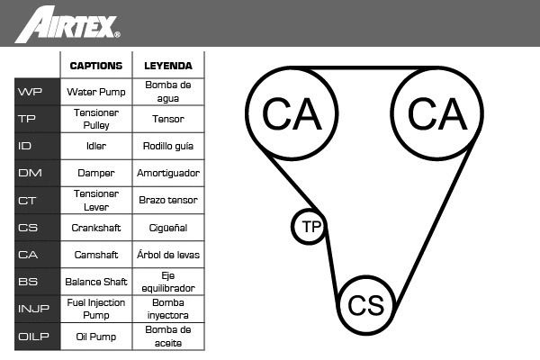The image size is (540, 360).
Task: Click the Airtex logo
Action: pyautogui.click(x=67, y=24)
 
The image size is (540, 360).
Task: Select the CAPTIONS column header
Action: pyautogui.click(x=96, y=66)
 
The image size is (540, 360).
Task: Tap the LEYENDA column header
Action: pyautogui.click(x=168, y=66)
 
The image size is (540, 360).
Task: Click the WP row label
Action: pyautogui.click(x=30, y=92)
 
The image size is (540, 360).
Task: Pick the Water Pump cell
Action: pyautogui.click(x=96, y=92)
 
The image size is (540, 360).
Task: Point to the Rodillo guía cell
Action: pyautogui.click(x=168, y=146)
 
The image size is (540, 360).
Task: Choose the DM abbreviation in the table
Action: pyautogui.click(x=30, y=173)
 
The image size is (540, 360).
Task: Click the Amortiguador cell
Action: pyautogui.click(x=168, y=173)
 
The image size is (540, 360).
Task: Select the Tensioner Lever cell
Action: pyautogui.click(x=96, y=200)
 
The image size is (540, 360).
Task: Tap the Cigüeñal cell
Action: pyautogui.click(x=168, y=228)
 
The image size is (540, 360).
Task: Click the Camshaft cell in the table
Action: pyautogui.click(x=96, y=255)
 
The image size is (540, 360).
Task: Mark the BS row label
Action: pyautogui.click(x=28, y=282)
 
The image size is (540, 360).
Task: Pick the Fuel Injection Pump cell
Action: pyautogui.click(x=96, y=309)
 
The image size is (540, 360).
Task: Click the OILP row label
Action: pyautogui.click(x=33, y=336)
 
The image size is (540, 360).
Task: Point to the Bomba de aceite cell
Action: pyautogui.click(x=168, y=336)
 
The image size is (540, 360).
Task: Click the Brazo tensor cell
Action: pyautogui.click(x=168, y=200)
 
